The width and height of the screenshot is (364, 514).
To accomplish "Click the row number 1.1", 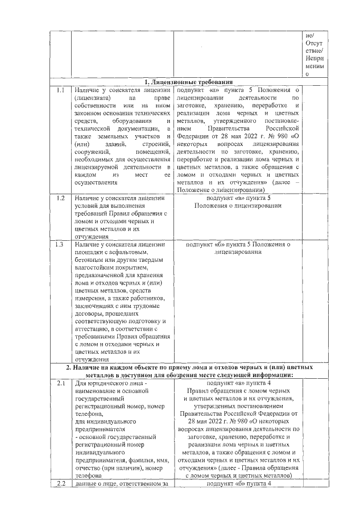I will point(60,90).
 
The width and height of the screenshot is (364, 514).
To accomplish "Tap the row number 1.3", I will point(60,244).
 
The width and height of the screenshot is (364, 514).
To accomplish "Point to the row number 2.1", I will point(60,384).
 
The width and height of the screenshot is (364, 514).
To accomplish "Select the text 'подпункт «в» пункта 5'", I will point(238,198).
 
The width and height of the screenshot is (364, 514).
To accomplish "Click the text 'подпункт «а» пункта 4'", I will point(238,384).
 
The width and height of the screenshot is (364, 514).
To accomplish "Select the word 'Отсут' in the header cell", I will point(313,43).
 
